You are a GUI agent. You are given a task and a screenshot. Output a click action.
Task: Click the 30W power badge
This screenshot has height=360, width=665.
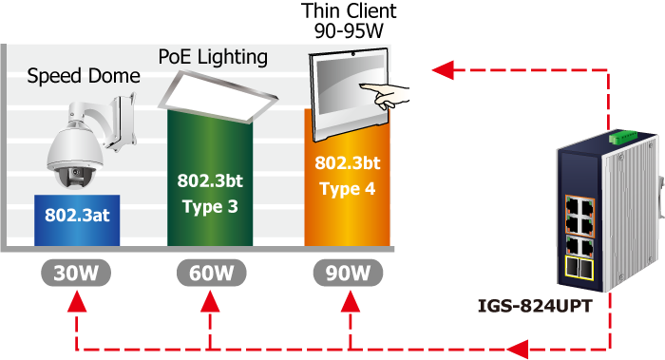pyautogui.click(x=76, y=273)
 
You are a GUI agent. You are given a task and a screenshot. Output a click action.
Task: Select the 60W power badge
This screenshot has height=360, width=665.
pyautogui.click(x=211, y=273)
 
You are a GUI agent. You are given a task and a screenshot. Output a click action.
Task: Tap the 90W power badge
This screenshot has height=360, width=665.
pyautogui.click(x=348, y=273)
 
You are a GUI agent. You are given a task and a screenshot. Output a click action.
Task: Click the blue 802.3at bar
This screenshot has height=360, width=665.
pyautogui.click(x=77, y=220)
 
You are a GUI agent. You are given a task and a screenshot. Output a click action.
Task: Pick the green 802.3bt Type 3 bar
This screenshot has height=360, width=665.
pyautogui.click(x=210, y=178)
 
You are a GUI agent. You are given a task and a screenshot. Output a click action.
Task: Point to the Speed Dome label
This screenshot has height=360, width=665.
pyautogui.click(x=84, y=76)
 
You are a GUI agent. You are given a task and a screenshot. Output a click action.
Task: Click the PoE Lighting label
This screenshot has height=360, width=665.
pyautogui.click(x=213, y=57)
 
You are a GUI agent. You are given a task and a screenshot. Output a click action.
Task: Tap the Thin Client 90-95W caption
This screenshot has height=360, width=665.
pyautogui.click(x=349, y=20)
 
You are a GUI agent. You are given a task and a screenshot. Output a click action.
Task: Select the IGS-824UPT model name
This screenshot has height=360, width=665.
pyautogui.click(x=534, y=306)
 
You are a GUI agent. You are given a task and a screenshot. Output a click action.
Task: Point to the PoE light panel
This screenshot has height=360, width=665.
pyautogui.click(x=218, y=97)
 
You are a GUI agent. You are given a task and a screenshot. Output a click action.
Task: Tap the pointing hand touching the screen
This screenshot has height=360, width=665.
pyautogui.click(x=386, y=96)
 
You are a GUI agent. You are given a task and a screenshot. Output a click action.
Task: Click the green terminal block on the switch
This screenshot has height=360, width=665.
pyautogui.click(x=623, y=136)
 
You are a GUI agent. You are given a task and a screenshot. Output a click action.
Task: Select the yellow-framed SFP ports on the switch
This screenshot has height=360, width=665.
pyautogui.click(x=579, y=268)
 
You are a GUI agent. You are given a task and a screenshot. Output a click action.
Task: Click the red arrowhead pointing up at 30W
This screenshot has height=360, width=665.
pyautogui.click(x=77, y=301)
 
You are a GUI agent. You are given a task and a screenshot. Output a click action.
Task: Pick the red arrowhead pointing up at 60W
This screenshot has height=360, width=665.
pyautogui.click(x=210, y=301)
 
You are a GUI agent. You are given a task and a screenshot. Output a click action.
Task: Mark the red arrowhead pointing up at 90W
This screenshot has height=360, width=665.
pyautogui.click(x=351, y=301)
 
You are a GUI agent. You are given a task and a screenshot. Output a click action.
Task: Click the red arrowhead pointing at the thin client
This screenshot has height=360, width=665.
pyautogui.click(x=443, y=69)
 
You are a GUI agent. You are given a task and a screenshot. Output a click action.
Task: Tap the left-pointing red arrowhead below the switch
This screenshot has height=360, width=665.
pyautogui.click(x=518, y=350)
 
